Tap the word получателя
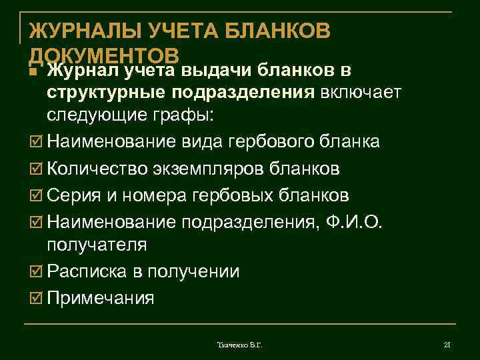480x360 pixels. click(97, 245)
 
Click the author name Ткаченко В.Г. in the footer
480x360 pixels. click(239, 344)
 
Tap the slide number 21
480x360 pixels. click(447, 344)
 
